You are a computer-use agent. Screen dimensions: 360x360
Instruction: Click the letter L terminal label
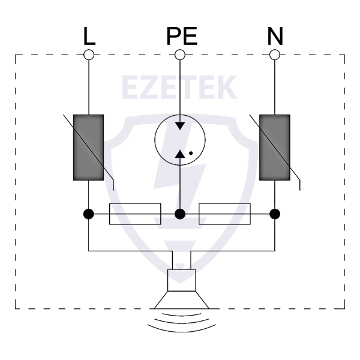pos(89,36)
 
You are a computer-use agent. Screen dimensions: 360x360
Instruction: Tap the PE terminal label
pos(182,36)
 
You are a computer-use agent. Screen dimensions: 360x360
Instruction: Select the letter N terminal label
pos(275,36)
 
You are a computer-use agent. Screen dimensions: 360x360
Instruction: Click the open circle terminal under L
pos(89,55)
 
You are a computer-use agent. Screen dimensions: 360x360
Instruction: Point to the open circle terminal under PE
pos(180,55)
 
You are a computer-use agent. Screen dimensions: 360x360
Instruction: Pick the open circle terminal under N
pos(275,55)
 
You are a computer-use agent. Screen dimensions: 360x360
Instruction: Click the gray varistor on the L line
pos(88,148)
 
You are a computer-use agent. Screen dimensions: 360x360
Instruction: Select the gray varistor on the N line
pos(275,148)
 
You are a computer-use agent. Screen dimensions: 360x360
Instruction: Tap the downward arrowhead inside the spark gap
pos(180,126)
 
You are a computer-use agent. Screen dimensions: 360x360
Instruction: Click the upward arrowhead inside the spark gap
pos(180,154)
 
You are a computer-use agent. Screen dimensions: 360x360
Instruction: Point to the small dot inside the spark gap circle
pos(191,153)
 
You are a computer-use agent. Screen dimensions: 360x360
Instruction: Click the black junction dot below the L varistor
pos(89,214)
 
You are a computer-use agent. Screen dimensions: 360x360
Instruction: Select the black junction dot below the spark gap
pos(180,214)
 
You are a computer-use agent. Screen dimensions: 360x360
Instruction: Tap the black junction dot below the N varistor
pos(275,214)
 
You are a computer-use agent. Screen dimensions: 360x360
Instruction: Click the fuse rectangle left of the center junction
pos(135,214)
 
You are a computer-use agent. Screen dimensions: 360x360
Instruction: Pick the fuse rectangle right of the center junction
pos(225,214)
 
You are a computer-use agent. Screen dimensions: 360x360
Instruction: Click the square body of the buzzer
pos(182,280)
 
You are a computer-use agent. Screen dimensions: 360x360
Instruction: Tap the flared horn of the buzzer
pos(182,300)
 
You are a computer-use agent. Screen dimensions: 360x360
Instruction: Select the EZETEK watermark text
pos(179,87)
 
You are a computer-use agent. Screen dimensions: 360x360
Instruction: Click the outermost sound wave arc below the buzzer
pos(182,329)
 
